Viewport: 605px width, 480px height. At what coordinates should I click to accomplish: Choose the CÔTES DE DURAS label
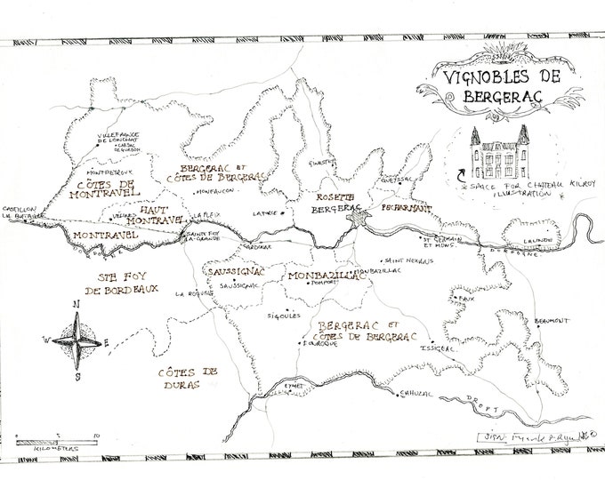(185, 380)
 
